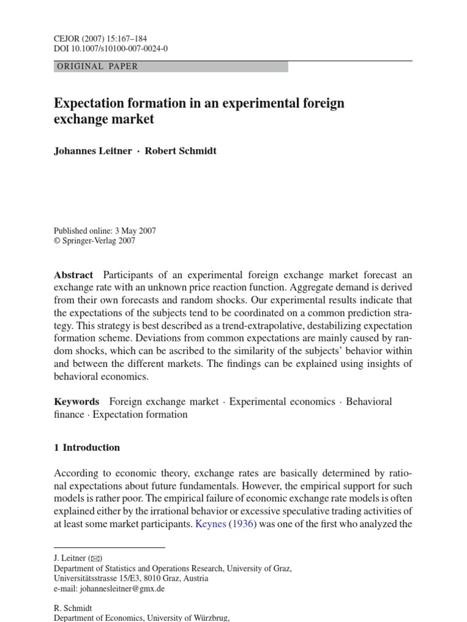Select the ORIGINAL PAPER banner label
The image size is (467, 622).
click(97, 66)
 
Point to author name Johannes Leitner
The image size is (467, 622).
click(92, 151)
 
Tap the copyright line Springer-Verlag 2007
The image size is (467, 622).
click(99, 241)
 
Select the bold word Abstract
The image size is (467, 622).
click(74, 275)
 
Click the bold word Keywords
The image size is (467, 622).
click(77, 402)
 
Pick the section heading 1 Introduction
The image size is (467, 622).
click(87, 448)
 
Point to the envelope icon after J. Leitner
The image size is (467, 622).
click(95, 558)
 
